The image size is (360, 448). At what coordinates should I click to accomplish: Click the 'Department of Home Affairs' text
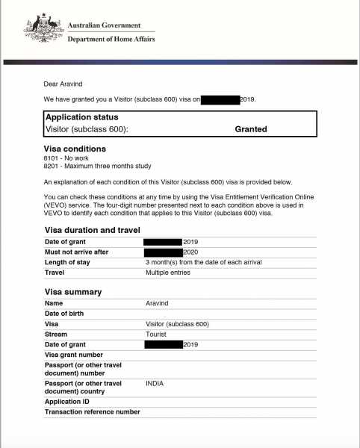click(111, 39)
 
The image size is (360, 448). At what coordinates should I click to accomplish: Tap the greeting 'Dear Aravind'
click(63, 84)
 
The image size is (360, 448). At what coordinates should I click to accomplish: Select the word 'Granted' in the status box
click(251, 129)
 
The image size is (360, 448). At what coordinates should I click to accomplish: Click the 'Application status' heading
click(81, 117)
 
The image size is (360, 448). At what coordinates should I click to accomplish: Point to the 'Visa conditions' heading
click(75, 149)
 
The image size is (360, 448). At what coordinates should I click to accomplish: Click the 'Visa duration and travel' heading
click(93, 230)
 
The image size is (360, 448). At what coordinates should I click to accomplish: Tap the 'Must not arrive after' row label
click(77, 252)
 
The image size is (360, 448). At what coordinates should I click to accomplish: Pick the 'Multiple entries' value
click(169, 273)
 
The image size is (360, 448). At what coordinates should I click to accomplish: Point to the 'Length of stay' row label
click(69, 262)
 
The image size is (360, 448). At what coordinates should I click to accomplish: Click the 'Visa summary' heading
click(73, 292)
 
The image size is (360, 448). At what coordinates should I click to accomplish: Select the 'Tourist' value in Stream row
click(157, 335)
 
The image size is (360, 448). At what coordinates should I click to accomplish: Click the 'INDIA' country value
click(155, 383)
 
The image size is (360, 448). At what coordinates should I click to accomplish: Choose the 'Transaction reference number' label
click(92, 411)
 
